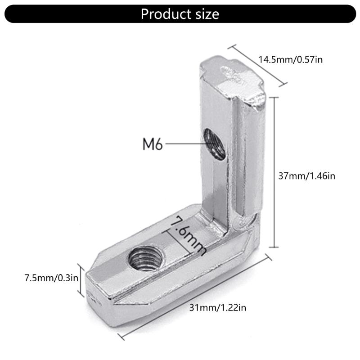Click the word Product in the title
pyautogui.click(x=164, y=14)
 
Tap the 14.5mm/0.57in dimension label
pyautogui.click(x=290, y=59)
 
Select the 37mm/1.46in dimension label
pyautogui.click(x=306, y=175)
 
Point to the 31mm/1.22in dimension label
pyautogui.click(x=218, y=308)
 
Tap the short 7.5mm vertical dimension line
pyautogui.click(x=81, y=280)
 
